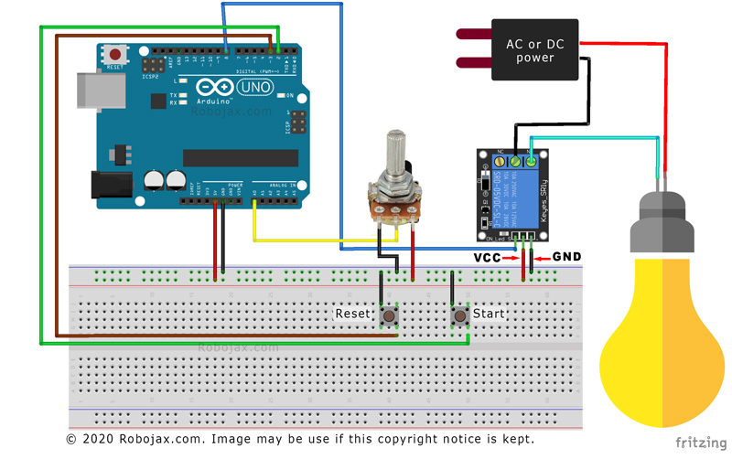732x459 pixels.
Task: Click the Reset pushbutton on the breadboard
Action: coord(389,316)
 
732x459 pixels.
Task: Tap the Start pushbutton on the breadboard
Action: coord(460,315)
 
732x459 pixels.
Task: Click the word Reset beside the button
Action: coord(352,314)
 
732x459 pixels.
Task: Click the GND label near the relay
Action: coord(567,258)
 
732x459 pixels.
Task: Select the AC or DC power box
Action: coord(535,50)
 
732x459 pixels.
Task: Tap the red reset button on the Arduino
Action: coord(115,57)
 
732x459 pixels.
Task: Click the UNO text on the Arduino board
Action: coord(255,87)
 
